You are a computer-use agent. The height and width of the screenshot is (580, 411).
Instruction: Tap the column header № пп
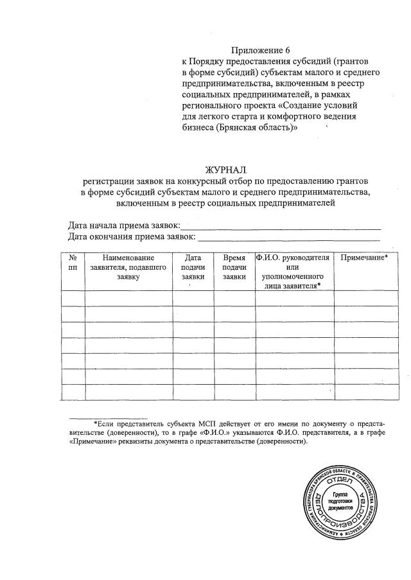tap(72, 262)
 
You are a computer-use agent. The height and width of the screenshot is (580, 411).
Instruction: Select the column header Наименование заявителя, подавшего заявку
tap(128, 267)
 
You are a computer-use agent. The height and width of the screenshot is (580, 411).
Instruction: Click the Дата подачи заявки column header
tap(193, 267)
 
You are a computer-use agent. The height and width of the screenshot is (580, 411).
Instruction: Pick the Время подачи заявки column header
tap(234, 267)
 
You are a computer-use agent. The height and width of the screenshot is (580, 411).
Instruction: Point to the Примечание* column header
tap(363, 258)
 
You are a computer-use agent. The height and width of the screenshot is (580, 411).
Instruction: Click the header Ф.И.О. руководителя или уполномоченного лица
tap(293, 272)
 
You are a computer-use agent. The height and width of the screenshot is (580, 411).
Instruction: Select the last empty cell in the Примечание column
tap(363, 391)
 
